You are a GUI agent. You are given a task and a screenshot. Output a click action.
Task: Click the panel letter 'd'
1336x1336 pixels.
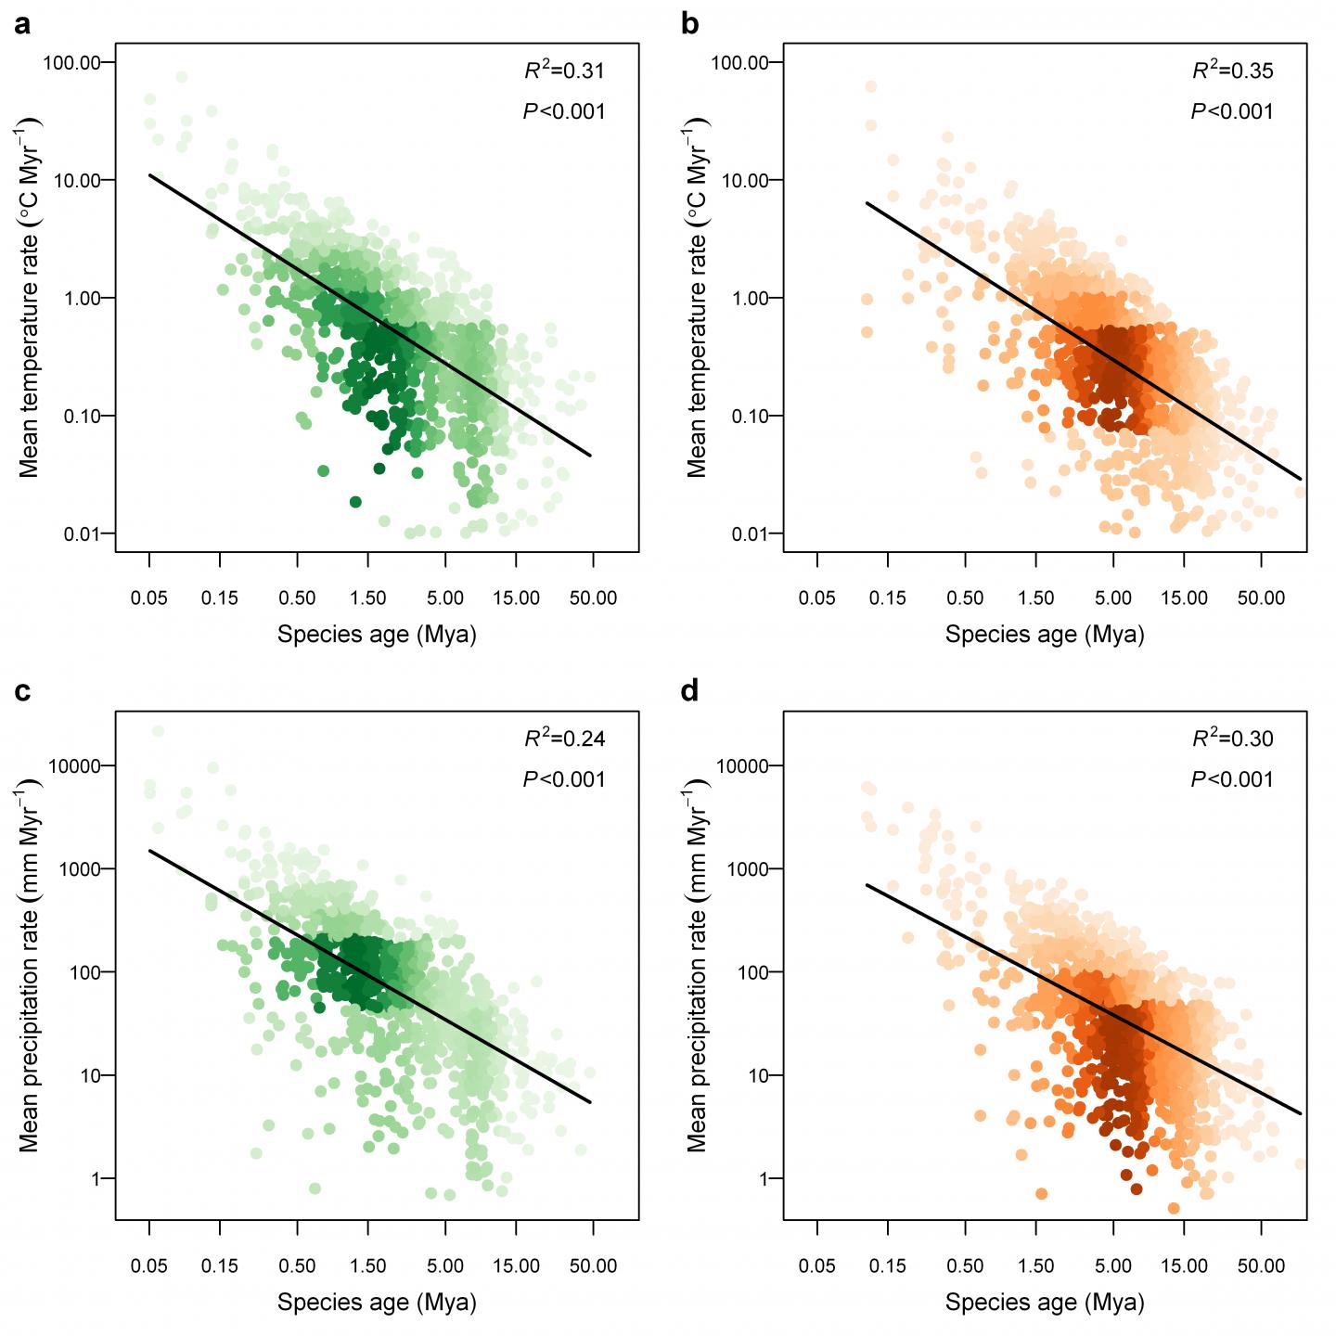690,692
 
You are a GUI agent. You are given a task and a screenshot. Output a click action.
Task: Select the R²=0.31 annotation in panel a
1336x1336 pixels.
564,71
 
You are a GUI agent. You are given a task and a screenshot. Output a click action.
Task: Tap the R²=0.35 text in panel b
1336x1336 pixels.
1232,71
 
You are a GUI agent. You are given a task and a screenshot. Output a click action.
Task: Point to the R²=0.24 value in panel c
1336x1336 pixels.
564,739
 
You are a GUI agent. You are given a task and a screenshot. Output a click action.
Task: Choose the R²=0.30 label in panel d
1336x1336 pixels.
1232,739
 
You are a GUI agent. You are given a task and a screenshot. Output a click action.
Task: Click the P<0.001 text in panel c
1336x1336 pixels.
564,779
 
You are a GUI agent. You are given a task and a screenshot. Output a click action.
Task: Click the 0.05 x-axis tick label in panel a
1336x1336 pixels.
149,597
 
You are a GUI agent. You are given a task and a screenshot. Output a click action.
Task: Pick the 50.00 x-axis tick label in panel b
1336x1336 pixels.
1261,597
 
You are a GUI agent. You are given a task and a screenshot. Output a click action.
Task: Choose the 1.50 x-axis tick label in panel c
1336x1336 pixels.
368,1265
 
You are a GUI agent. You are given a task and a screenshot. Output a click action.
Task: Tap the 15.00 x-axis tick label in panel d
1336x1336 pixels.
1185,1265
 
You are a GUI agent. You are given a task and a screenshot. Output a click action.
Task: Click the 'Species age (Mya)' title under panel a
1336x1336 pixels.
377,635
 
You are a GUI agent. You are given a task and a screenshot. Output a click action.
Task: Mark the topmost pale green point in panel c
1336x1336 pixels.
158,732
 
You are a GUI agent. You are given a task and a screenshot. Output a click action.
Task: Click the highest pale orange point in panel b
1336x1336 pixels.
870,86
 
